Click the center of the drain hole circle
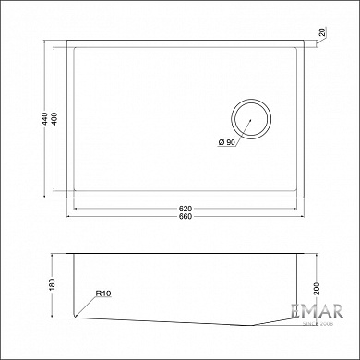[252, 121]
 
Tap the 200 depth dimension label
[318, 289]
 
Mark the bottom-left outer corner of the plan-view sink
[67, 198]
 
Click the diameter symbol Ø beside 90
[221, 141]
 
